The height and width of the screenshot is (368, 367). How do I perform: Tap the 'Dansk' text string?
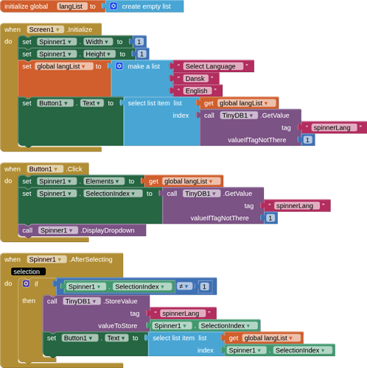click(196, 78)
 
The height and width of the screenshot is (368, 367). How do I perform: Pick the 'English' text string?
click(198, 91)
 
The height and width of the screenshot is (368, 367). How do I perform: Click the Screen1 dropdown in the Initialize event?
click(45, 29)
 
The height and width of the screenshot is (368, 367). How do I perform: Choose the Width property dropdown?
click(98, 42)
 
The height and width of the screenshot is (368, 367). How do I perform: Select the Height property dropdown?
click(100, 54)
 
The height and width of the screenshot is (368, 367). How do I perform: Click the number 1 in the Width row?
click(139, 42)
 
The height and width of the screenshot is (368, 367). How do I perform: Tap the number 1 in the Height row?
click(141, 54)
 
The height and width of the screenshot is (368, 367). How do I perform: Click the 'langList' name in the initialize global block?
click(72, 6)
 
